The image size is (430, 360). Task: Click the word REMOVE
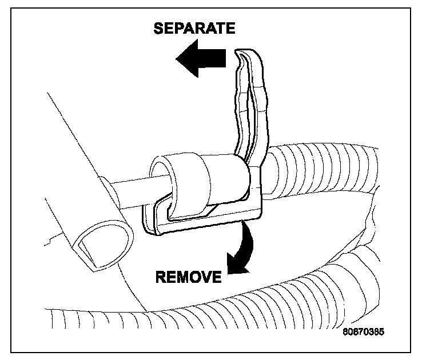(188, 277)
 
